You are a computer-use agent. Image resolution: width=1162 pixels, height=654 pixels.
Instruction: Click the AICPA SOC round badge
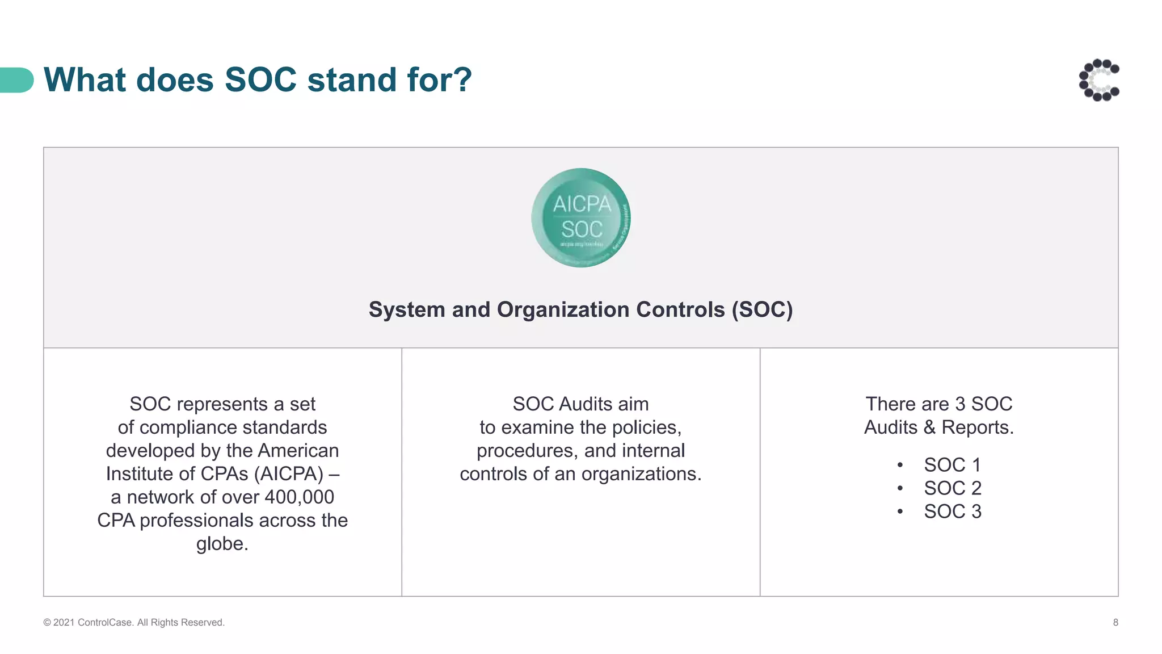tap(580, 218)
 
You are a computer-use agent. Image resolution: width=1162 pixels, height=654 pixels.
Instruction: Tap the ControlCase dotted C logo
tap(1099, 80)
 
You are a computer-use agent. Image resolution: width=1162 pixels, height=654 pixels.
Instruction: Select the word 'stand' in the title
tap(344, 79)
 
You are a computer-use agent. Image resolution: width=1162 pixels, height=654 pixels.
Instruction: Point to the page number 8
tap(1115, 622)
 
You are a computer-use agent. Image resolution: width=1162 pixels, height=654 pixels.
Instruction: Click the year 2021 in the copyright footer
tap(64, 622)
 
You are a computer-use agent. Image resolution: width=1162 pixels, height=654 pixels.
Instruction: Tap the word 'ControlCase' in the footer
tap(106, 622)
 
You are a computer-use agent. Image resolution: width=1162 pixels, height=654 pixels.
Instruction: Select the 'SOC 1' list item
tap(952, 465)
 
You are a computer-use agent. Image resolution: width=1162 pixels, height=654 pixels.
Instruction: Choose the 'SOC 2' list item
tap(952, 488)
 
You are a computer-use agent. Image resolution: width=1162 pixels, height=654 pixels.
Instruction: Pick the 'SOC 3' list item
tap(952, 512)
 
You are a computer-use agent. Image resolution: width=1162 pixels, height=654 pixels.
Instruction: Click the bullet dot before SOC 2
tap(900, 488)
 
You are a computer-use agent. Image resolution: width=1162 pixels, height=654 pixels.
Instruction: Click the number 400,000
tap(299, 497)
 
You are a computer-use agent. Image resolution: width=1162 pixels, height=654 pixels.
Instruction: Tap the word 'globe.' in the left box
tap(222, 544)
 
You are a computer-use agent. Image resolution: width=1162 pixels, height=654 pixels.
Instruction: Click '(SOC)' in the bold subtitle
tap(762, 310)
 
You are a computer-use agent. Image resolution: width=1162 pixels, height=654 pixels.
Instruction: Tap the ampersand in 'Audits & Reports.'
tap(929, 427)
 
